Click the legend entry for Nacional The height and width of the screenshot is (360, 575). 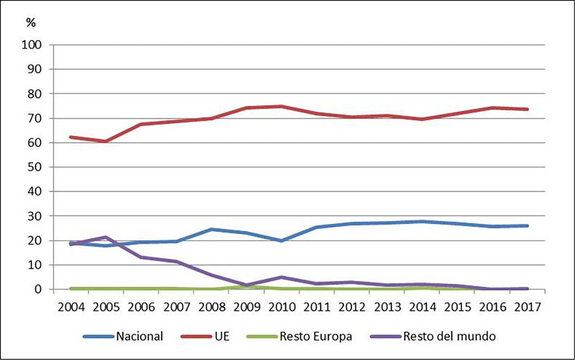click(139, 336)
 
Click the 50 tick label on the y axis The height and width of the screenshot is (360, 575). click(35, 167)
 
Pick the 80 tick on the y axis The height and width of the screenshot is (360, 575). click(35, 94)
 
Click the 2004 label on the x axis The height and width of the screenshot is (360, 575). click(71, 306)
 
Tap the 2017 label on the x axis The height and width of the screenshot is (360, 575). click(526, 306)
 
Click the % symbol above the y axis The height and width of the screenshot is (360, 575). click(31, 23)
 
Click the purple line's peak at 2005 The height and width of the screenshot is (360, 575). click(105, 237)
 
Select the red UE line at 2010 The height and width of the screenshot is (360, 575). click(281, 106)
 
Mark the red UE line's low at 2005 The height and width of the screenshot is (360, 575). click(105, 141)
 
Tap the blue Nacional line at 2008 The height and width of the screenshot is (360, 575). click(211, 229)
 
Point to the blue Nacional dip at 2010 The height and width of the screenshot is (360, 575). click(281, 241)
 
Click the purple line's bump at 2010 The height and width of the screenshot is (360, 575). click(281, 277)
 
